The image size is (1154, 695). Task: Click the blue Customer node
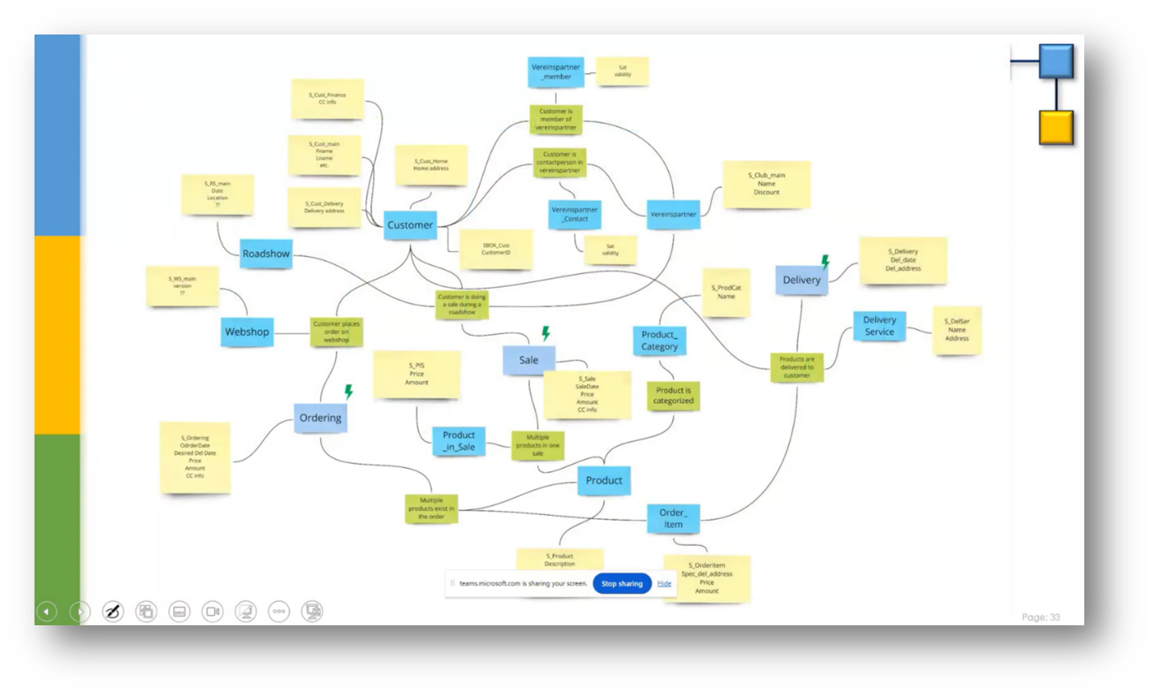click(410, 225)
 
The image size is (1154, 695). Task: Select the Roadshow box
click(266, 254)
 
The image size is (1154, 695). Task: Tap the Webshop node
click(247, 332)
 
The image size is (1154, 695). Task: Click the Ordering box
click(320, 418)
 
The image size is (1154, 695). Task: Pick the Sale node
click(529, 360)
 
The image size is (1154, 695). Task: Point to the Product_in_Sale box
click(459, 441)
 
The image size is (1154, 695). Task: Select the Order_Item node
click(673, 518)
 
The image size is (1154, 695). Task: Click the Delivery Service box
click(879, 326)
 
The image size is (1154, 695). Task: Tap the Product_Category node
click(659, 341)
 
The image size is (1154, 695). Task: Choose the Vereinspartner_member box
click(556, 72)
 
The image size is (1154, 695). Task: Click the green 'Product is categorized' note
click(673, 396)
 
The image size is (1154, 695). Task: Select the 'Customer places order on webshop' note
click(336, 332)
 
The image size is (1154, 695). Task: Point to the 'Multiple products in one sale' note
click(537, 445)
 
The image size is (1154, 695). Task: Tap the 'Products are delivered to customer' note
click(796, 367)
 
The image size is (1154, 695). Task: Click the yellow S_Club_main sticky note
click(766, 184)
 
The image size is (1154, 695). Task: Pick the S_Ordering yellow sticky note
click(195, 457)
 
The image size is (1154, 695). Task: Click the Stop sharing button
click(622, 583)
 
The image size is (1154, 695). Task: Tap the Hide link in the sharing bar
click(664, 583)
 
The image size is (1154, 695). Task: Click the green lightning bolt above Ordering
click(349, 392)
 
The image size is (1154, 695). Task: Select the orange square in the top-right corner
click(1056, 128)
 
